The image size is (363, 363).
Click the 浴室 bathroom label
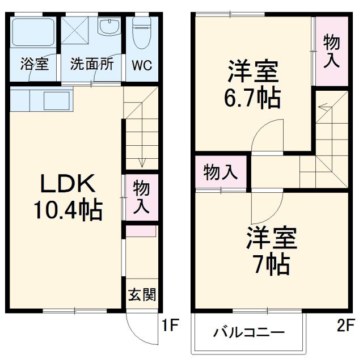(x=34, y=64)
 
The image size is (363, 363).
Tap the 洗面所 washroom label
(x=92, y=64)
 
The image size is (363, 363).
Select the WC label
(x=142, y=65)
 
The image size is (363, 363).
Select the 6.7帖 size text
(x=252, y=98)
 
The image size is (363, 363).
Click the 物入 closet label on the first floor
(x=141, y=197)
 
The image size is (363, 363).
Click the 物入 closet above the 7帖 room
(x=221, y=172)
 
